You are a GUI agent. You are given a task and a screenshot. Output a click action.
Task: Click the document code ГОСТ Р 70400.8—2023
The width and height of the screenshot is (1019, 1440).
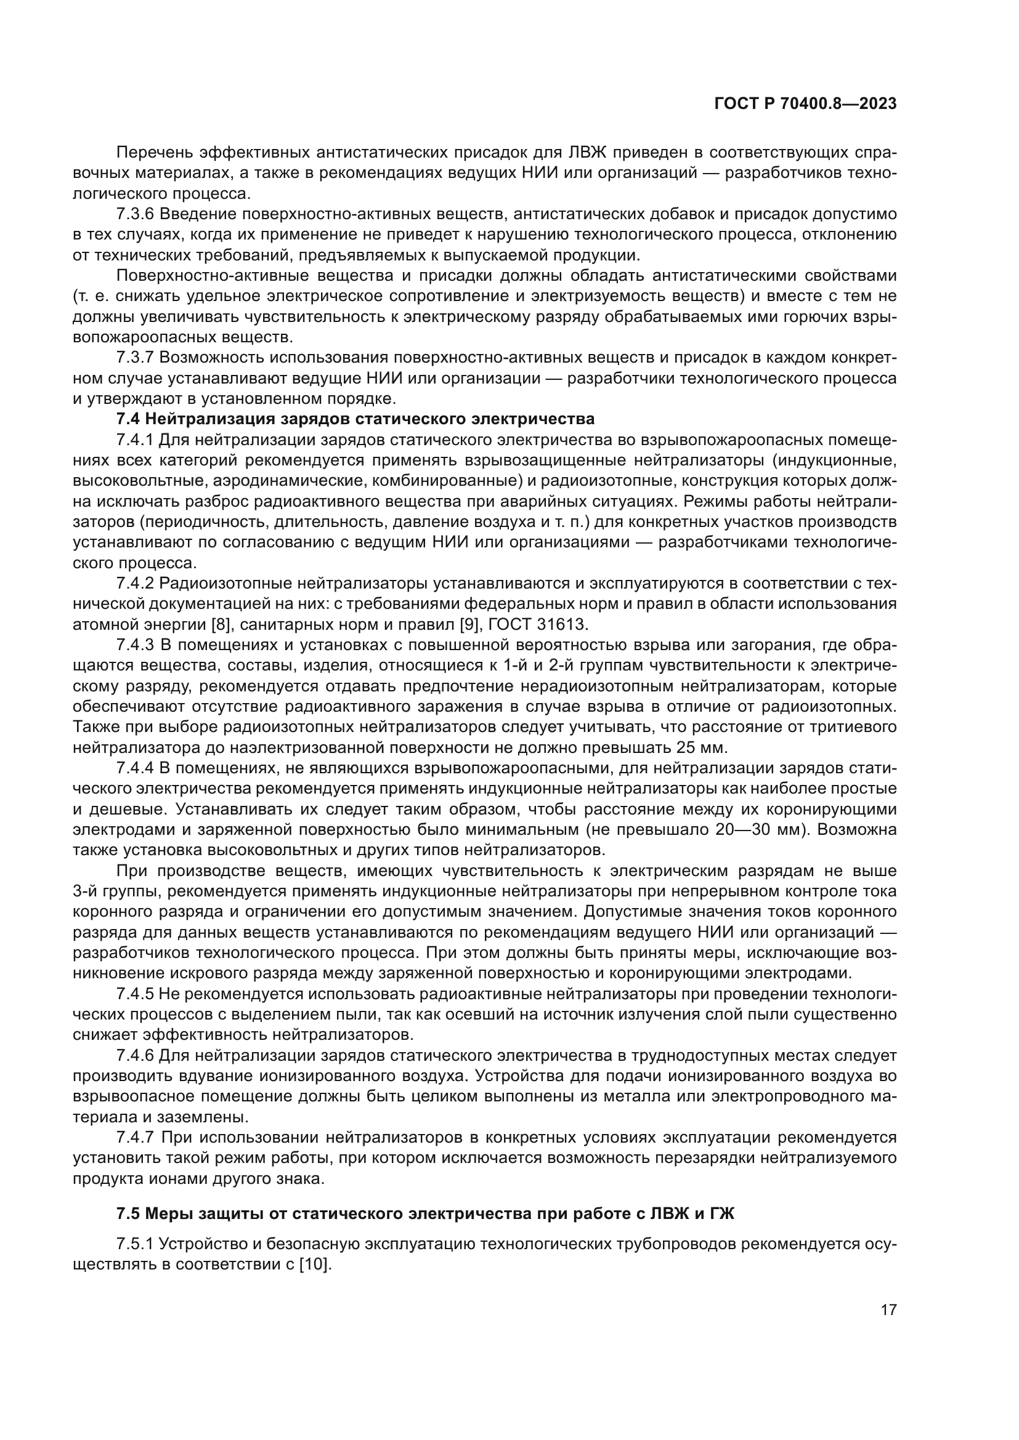[x=805, y=103]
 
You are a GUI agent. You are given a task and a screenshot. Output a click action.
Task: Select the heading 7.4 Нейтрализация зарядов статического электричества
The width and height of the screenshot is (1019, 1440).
[x=355, y=419]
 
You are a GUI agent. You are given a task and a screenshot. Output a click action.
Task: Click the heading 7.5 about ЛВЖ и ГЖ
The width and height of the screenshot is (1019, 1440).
[x=426, y=1213]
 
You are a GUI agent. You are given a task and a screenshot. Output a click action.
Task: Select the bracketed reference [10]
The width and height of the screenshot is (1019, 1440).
[x=313, y=1265]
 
